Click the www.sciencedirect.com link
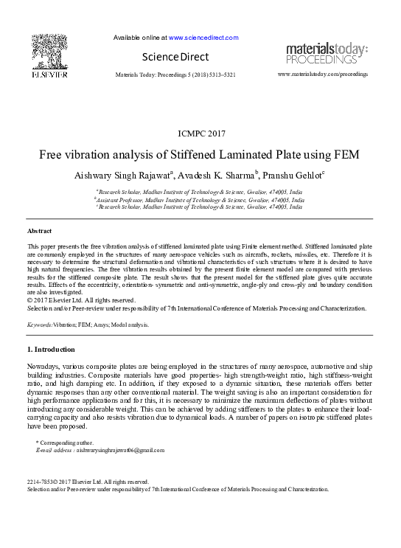(x=203, y=38)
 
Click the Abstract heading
(x=39, y=232)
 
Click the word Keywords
(x=38, y=324)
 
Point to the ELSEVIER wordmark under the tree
(x=49, y=75)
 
